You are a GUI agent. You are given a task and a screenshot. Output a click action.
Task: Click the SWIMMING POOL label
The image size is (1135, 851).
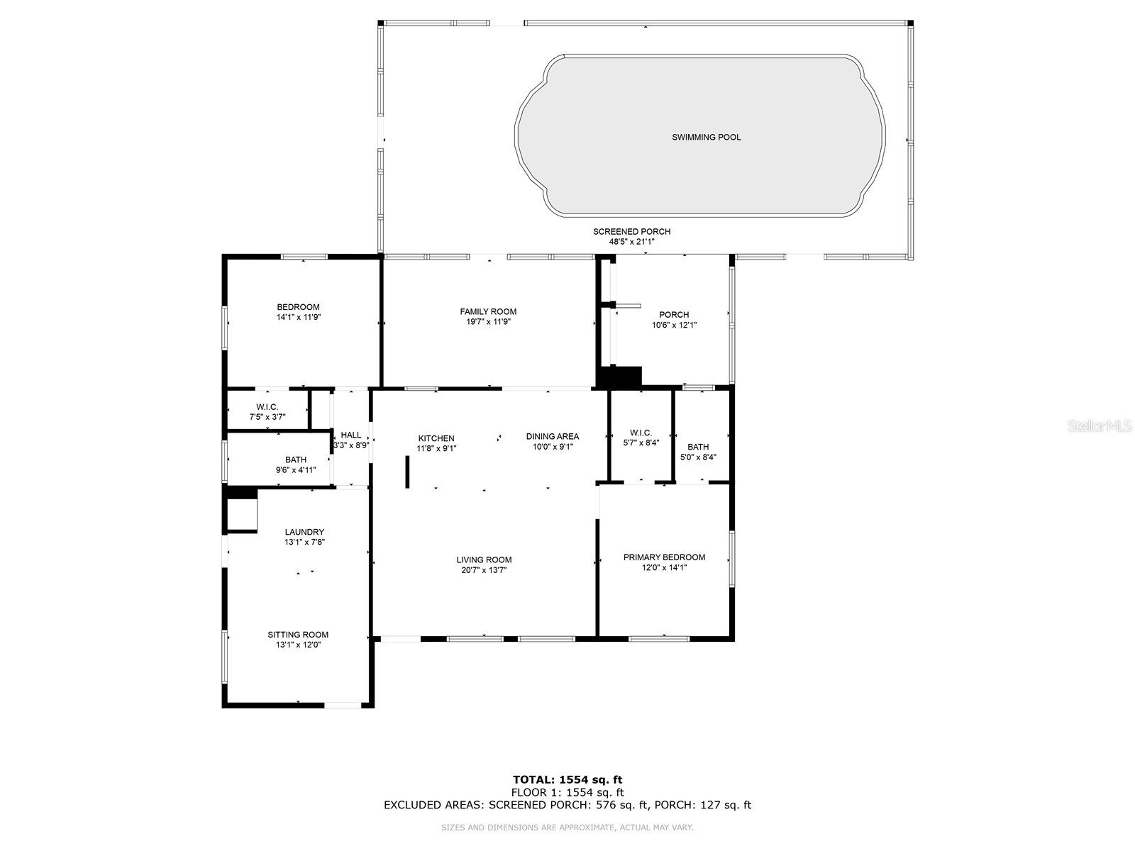pyautogui.click(x=706, y=137)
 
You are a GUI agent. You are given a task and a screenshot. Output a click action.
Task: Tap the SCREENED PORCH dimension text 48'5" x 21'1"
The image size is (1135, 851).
pyautogui.click(x=631, y=242)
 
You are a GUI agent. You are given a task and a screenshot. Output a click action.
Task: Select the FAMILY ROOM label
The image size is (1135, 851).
pyautogui.click(x=488, y=311)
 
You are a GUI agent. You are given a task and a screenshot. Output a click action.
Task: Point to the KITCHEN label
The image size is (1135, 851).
pyautogui.click(x=436, y=438)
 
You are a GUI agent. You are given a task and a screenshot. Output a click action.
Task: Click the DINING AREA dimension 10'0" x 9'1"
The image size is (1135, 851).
pyautogui.click(x=552, y=447)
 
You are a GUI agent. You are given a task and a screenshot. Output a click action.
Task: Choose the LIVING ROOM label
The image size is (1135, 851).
pyautogui.click(x=484, y=560)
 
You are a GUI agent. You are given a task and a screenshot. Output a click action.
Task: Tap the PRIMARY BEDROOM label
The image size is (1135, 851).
pyautogui.click(x=664, y=557)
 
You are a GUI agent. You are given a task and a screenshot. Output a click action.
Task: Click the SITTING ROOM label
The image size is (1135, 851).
pyautogui.click(x=298, y=635)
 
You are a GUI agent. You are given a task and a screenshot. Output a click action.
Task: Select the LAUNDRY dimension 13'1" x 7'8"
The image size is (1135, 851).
pyautogui.click(x=304, y=542)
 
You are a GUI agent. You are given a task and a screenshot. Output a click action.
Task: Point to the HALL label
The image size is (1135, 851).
pyautogui.click(x=350, y=435)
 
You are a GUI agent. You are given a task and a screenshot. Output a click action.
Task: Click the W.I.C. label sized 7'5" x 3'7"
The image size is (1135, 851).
pyautogui.click(x=267, y=407)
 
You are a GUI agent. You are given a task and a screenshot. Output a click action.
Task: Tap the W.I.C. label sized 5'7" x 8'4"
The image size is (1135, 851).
pyautogui.click(x=641, y=433)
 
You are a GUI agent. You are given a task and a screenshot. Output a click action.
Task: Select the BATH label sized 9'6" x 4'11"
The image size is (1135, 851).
pyautogui.click(x=296, y=460)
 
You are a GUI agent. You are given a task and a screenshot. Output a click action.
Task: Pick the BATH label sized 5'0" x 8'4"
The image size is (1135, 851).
pyautogui.click(x=698, y=447)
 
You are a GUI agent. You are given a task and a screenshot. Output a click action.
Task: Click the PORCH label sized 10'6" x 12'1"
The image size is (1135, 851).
pyautogui.click(x=674, y=315)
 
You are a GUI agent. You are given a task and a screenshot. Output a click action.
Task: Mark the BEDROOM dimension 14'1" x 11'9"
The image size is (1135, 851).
pyautogui.click(x=298, y=317)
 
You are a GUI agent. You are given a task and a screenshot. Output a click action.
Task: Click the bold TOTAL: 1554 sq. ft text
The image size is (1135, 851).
pyautogui.click(x=567, y=779)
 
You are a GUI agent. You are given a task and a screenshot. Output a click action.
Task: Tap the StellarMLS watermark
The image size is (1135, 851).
pyautogui.click(x=1100, y=426)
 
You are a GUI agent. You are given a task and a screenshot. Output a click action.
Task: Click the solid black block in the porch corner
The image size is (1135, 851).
pyautogui.click(x=621, y=377)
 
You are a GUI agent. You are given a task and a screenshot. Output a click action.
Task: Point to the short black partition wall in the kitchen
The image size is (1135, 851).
pyautogui.click(x=408, y=472)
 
